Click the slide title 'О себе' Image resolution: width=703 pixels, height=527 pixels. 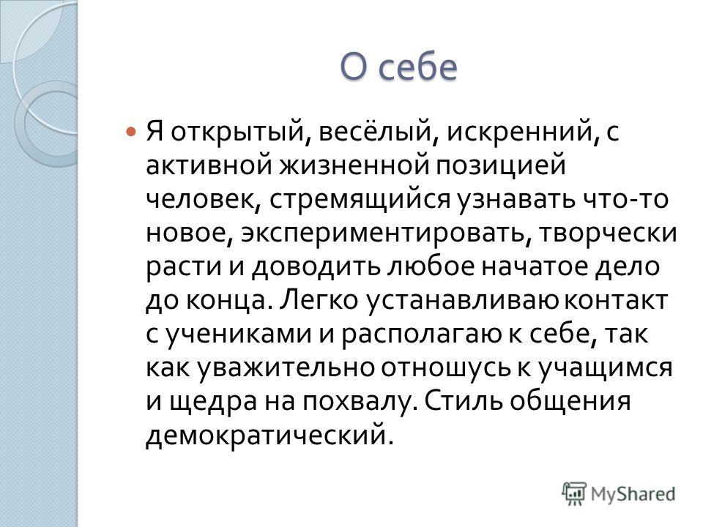coord(398,67)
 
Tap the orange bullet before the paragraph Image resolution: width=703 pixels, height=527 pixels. coord(130,132)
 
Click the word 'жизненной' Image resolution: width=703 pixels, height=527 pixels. coord(354,165)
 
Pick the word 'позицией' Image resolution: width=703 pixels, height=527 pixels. coord(501,166)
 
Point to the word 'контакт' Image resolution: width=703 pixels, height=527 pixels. coord(616,300)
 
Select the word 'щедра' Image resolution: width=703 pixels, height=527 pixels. coord(213,402)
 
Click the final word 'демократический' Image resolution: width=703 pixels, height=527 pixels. coord(269,435)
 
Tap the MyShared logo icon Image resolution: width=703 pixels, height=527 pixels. coord(574,494)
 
